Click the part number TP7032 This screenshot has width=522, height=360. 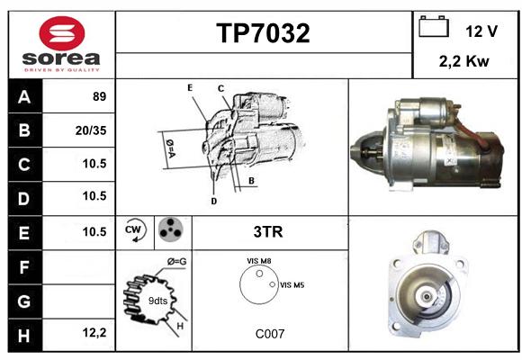[x=263, y=33]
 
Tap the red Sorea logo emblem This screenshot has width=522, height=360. [x=62, y=33]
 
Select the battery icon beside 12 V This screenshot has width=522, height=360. [x=434, y=26]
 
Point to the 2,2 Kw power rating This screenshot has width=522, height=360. [x=463, y=61]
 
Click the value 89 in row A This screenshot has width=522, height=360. [x=100, y=96]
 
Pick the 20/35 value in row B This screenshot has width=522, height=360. [x=91, y=130]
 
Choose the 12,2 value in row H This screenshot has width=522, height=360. [x=94, y=332]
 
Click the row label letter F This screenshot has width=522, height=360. [x=23, y=267]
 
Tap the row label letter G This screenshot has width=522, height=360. [x=24, y=301]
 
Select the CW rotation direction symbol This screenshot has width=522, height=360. [x=135, y=230]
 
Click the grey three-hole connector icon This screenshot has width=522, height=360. [x=171, y=229]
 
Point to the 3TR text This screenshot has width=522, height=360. [x=268, y=232]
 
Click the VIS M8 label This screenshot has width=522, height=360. [x=259, y=261]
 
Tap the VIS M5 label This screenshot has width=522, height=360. [x=292, y=285]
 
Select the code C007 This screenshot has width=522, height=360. [x=270, y=334]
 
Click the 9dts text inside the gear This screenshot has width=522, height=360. [x=157, y=301]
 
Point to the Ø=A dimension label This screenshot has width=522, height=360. [x=170, y=148]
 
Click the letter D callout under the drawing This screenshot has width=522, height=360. [x=214, y=201]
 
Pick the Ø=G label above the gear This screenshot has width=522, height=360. [x=177, y=262]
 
